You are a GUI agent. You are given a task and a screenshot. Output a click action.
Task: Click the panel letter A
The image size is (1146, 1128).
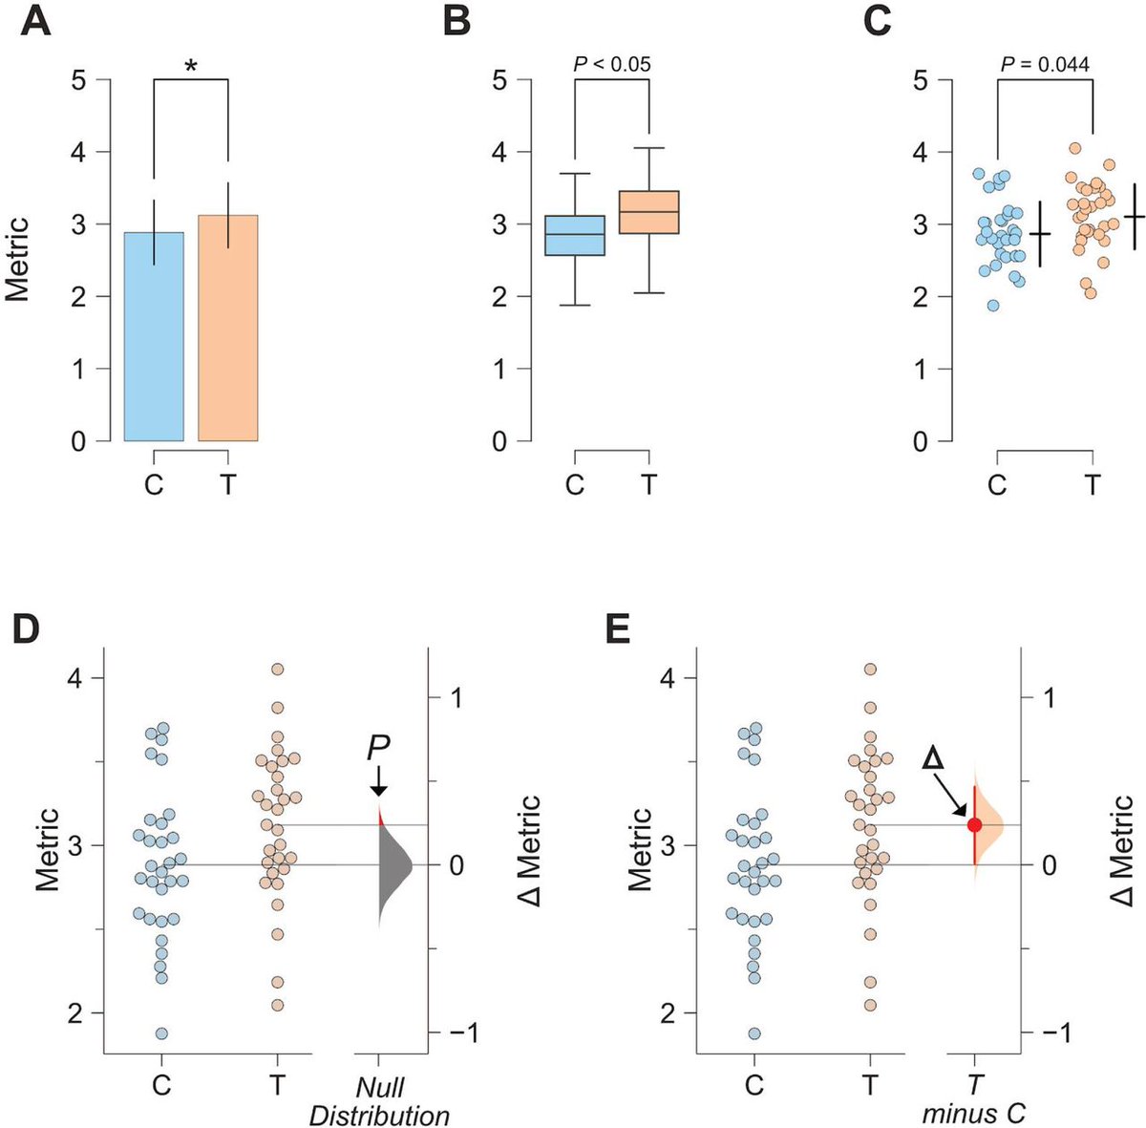[36, 21]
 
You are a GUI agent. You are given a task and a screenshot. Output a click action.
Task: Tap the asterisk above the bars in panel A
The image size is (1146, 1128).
[191, 65]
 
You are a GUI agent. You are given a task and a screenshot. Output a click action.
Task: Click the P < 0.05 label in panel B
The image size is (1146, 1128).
[611, 64]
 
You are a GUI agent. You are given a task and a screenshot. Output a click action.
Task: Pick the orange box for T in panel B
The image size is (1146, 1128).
[648, 211]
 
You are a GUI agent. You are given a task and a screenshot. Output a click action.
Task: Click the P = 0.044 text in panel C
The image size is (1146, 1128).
[1045, 64]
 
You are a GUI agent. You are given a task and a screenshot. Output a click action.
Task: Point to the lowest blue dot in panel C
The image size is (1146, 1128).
[993, 306]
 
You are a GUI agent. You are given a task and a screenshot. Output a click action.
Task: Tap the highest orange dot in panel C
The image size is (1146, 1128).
[1074, 148]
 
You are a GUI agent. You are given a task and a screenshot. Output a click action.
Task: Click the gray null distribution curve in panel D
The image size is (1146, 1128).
[392, 865]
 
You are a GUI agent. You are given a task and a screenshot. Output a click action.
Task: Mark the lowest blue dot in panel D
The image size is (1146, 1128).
[161, 1033]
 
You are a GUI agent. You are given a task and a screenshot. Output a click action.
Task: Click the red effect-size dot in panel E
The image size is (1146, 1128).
[974, 824]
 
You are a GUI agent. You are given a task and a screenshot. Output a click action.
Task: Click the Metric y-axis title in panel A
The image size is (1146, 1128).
[16, 260]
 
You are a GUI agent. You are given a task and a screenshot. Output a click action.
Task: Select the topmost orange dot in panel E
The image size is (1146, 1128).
[871, 670]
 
